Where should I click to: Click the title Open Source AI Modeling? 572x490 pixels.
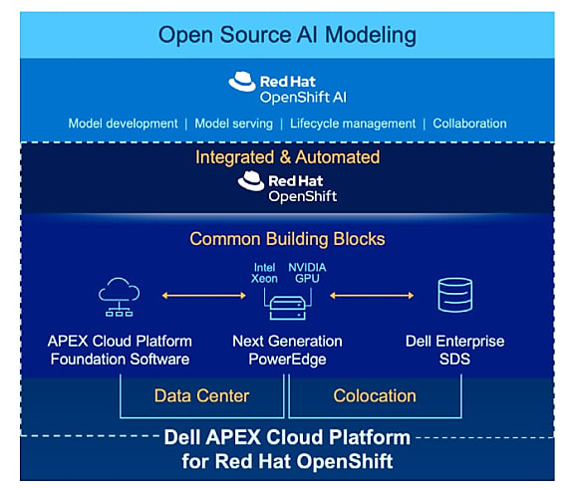(287, 35)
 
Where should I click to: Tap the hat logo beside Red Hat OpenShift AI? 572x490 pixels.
(242, 82)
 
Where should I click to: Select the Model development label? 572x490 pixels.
(123, 123)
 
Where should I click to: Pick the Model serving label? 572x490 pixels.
(233, 123)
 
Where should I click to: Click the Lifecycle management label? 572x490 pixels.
(353, 123)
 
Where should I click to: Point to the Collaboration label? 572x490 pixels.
(469, 123)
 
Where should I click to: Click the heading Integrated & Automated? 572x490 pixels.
(287, 157)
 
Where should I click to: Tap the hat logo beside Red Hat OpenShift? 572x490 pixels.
(251, 181)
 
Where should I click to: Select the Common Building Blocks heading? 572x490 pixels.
(287, 239)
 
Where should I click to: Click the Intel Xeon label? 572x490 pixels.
(264, 273)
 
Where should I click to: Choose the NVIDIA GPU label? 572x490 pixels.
(307, 273)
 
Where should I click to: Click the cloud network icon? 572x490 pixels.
(119, 297)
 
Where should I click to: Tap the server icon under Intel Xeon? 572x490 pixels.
(287, 308)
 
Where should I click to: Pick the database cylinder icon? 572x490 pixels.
(454, 295)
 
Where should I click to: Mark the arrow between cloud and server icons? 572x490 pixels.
(204, 296)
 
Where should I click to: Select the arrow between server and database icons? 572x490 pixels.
(372, 296)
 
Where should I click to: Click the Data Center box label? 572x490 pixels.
(201, 396)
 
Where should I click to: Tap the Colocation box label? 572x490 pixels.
(375, 396)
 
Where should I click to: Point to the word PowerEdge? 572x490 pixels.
(287, 360)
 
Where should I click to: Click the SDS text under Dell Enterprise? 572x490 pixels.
(454, 360)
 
